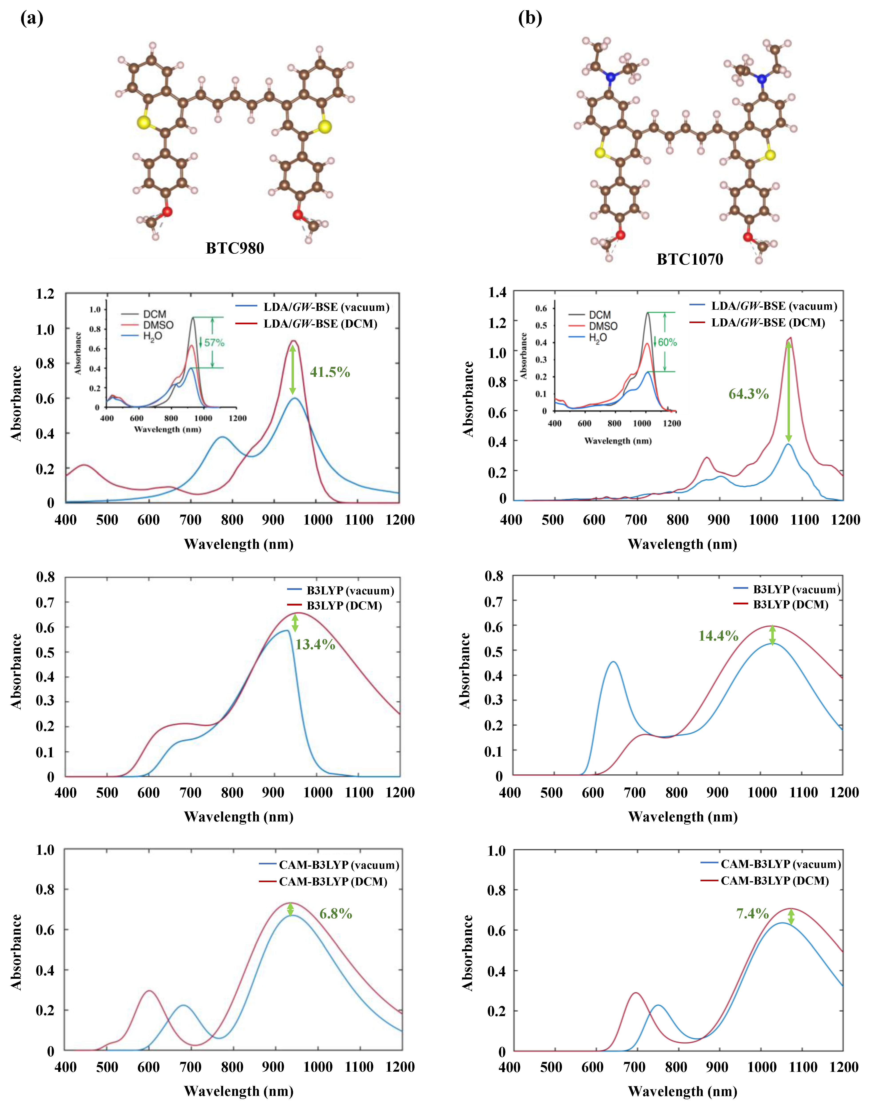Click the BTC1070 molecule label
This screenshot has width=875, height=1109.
690,260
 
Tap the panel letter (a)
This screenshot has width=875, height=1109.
32,18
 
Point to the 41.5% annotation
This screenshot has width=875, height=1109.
330,372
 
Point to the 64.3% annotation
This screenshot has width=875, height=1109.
748,394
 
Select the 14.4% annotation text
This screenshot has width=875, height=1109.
718,636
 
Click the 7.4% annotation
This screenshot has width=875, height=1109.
753,913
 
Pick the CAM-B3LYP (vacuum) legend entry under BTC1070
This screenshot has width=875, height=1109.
780,864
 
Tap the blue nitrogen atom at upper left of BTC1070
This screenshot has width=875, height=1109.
610,77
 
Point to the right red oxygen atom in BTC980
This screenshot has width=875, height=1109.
298,214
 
